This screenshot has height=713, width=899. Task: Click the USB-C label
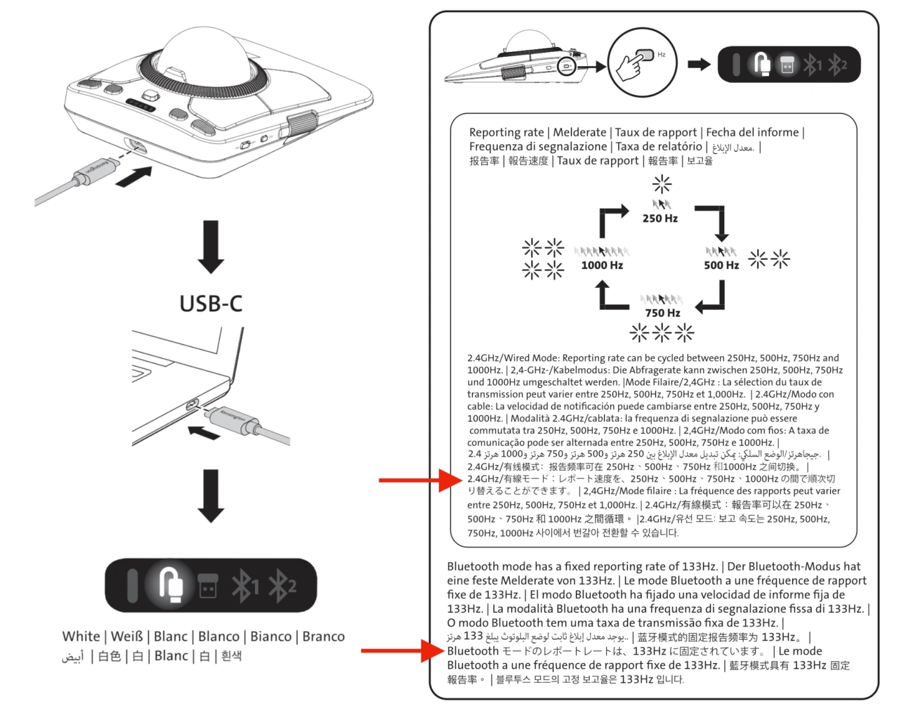(x=211, y=303)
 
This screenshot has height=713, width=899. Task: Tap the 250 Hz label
(x=660, y=218)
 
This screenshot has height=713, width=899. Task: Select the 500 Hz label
(x=721, y=266)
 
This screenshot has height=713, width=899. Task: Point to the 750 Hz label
(x=662, y=313)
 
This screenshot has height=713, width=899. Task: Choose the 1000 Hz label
(x=602, y=266)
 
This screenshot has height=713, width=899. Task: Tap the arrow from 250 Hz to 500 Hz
(x=713, y=221)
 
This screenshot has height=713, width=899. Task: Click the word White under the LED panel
(x=81, y=636)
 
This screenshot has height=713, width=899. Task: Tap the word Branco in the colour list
(x=323, y=636)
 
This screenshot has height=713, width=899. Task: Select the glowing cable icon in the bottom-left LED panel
(x=169, y=584)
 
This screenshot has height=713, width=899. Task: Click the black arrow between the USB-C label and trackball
(x=211, y=246)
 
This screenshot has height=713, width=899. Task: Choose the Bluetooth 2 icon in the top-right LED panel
(x=837, y=65)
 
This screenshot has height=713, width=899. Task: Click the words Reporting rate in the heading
(x=506, y=132)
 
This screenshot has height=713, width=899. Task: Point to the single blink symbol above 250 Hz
(x=662, y=184)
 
